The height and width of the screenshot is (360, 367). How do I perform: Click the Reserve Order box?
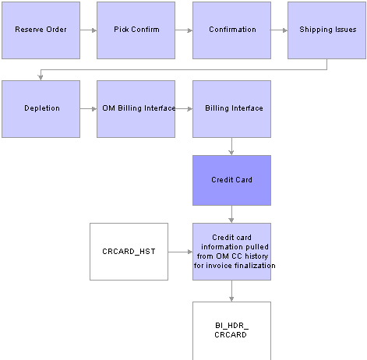tap(41, 30)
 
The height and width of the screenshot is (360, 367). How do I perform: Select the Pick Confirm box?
tap(136, 30)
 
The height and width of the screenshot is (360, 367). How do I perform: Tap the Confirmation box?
tap(231, 30)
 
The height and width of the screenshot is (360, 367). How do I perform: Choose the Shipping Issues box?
tap(326, 30)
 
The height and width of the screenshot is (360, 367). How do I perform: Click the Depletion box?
tap(41, 109)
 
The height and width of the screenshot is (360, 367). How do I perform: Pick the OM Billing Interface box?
tap(136, 109)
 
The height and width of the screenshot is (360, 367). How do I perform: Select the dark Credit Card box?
tap(231, 181)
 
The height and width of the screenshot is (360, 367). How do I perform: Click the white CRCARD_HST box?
tap(129, 252)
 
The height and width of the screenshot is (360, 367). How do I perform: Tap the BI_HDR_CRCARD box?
tap(231, 331)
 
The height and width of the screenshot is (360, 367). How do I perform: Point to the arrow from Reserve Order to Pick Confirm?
tap(88, 30)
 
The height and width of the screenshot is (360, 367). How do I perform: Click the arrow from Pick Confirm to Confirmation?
tap(184, 30)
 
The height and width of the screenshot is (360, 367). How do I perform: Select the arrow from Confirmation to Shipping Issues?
tap(279, 30)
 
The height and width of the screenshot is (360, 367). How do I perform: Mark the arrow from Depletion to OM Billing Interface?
tap(88, 109)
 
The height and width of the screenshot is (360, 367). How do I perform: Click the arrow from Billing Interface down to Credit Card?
tap(231, 146)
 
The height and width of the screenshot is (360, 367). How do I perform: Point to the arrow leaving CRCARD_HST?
tap(180, 252)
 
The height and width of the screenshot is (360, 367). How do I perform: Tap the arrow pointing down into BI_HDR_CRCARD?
tap(231, 291)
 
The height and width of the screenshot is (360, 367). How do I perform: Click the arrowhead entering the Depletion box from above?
tap(41, 77)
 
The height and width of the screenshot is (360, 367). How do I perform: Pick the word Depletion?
tap(42, 108)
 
